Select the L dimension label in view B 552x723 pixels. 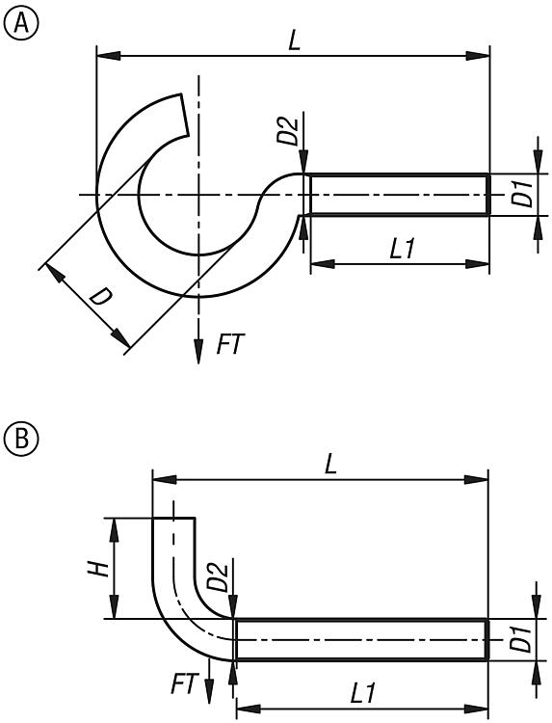point(330,464)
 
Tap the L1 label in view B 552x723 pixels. point(361,693)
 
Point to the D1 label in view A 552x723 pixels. point(521,196)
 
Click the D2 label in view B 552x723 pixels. point(220,577)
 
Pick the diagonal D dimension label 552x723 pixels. point(99,297)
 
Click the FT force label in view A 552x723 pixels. point(230,344)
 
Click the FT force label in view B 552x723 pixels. point(184,685)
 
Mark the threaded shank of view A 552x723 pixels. point(397,195)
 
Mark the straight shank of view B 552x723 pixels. point(361,639)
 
